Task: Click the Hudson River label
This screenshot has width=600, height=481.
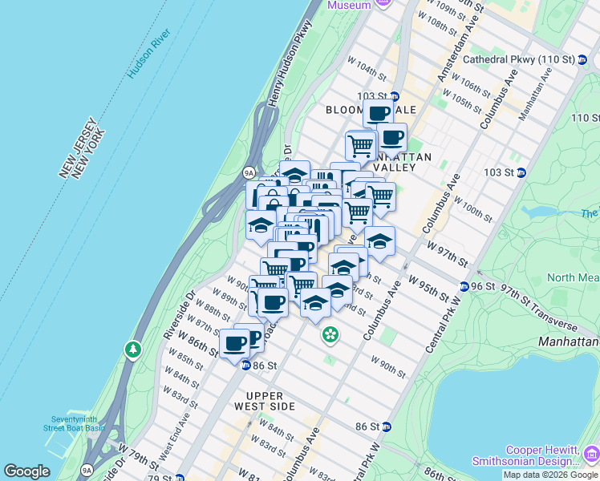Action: (x=149, y=55)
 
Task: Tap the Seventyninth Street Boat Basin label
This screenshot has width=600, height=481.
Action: (x=79, y=424)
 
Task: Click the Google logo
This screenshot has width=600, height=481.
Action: (x=26, y=471)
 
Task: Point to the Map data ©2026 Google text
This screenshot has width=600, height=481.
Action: (x=550, y=475)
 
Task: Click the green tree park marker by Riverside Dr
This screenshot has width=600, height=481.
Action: (x=132, y=350)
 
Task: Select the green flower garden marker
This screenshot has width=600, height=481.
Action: (x=330, y=334)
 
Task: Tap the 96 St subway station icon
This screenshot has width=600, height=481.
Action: (x=464, y=286)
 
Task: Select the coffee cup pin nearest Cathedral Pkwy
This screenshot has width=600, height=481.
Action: (x=378, y=113)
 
